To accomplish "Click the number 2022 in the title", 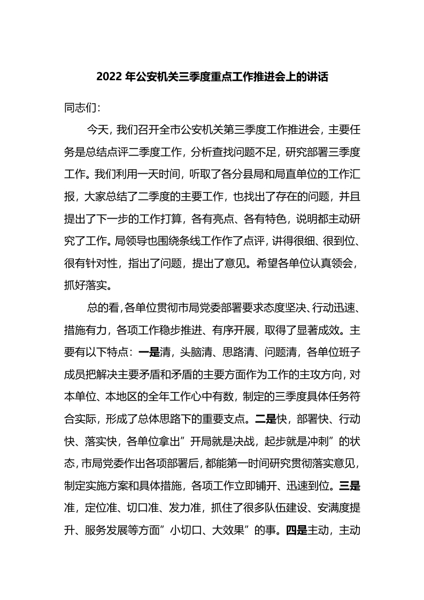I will click(109, 77).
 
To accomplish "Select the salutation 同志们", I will click(80, 108).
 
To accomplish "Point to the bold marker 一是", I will click(148, 352).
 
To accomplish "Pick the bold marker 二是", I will click(264, 413).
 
